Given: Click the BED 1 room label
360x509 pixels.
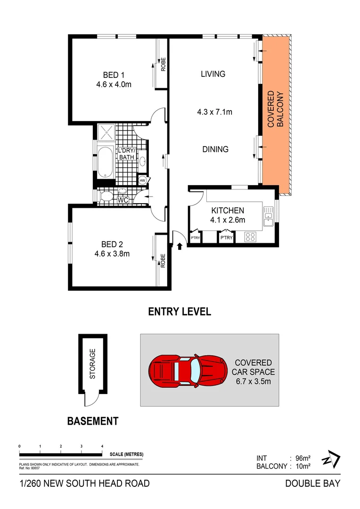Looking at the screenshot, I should point(113,74).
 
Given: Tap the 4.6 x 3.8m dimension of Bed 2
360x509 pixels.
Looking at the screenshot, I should point(113,253).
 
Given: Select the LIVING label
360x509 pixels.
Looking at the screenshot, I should point(213,74).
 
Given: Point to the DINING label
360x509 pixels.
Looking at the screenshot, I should point(215,149).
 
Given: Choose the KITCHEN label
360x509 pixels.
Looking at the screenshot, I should point(228,210).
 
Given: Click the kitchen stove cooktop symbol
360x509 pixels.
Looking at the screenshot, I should point(250,238).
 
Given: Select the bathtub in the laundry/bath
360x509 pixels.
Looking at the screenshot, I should point(106,162).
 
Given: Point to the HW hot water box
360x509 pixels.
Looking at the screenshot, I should point(142,181).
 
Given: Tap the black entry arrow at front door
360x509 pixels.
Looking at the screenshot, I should point(180,245).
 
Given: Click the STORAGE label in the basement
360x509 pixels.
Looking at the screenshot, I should point(93,364).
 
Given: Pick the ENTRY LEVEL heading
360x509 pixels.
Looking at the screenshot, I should point(180,312).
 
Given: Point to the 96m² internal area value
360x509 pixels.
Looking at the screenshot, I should point(302,458).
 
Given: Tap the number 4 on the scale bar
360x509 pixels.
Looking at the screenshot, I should point(102,446).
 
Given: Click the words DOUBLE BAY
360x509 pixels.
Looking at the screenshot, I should point(312,483).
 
